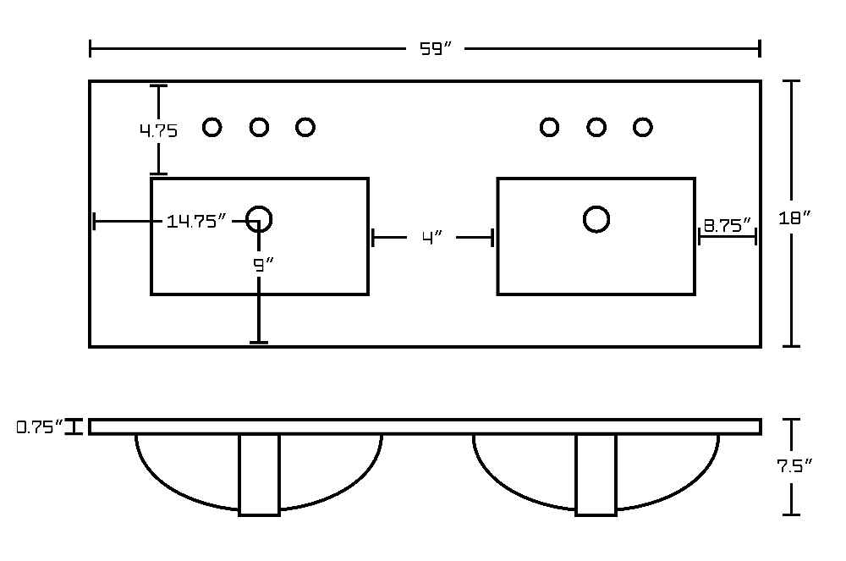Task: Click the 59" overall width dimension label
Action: tap(435, 49)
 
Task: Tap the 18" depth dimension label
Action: tap(794, 218)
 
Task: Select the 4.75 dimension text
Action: tap(159, 130)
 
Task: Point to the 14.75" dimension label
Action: tap(196, 221)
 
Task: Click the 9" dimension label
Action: tap(263, 265)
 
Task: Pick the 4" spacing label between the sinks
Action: tap(432, 237)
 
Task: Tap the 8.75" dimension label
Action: tap(728, 225)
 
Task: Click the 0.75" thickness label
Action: tap(40, 427)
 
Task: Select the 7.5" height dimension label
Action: tap(794, 465)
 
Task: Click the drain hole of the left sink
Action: tap(259, 219)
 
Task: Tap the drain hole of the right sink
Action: tap(596, 219)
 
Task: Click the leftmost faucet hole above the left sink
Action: tap(212, 127)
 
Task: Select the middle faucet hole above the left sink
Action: tap(259, 127)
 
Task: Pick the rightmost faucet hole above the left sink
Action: tap(305, 127)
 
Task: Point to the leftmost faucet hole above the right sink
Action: tap(549, 127)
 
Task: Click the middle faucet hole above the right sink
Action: tap(596, 127)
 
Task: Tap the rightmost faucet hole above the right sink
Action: tap(643, 127)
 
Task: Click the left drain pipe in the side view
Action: tap(259, 475)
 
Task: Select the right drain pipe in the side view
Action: tap(596, 475)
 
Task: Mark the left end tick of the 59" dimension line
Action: tap(91, 48)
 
